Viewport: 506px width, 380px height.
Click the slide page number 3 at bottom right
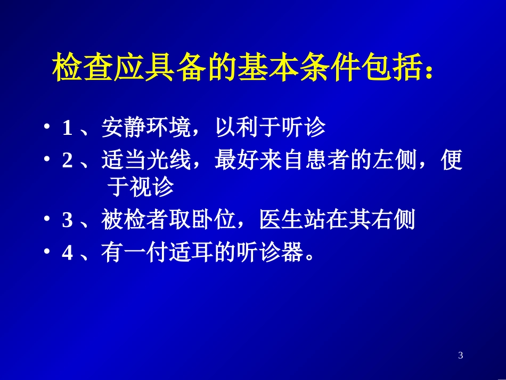[x=461, y=355]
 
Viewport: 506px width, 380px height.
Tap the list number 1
[x=68, y=128]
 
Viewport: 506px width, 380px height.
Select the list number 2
[x=68, y=161]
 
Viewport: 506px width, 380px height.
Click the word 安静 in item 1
[x=122, y=128]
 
